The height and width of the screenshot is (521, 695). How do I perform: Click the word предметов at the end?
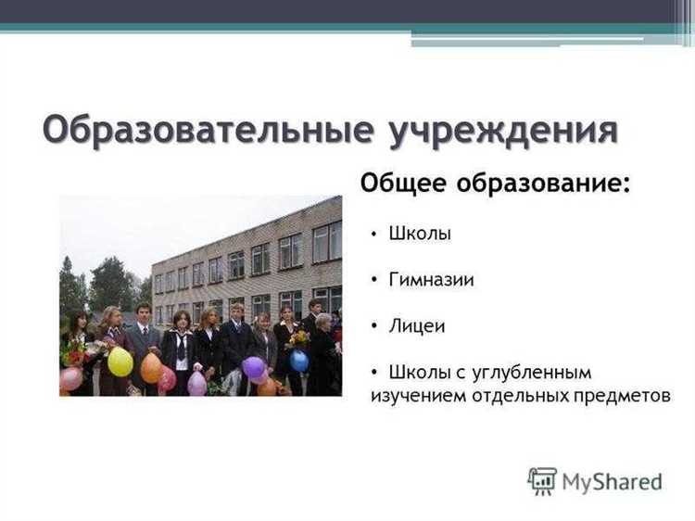624,395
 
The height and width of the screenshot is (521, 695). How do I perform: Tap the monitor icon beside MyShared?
542,480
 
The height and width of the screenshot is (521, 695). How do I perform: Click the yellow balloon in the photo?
120,362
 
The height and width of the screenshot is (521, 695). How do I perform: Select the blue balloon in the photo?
299,360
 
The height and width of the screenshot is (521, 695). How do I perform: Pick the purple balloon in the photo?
254,368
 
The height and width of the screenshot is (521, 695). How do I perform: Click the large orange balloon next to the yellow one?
151,368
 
